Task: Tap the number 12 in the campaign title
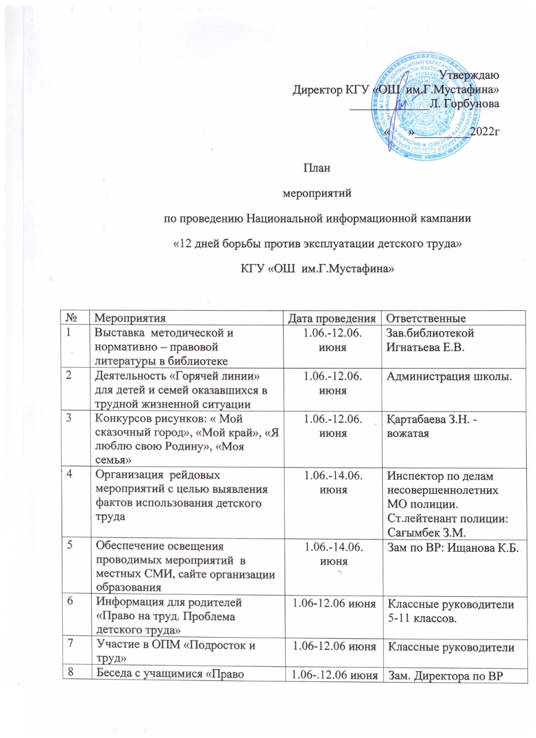click(x=184, y=244)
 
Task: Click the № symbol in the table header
click(x=73, y=317)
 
